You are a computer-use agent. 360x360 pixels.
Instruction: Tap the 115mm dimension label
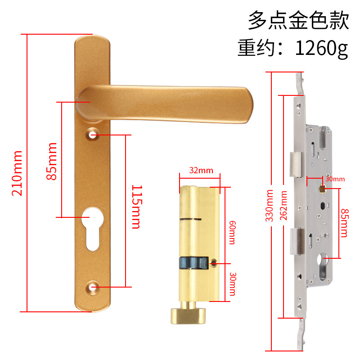[x=136, y=207]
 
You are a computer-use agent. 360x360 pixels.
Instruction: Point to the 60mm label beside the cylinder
[x=232, y=232]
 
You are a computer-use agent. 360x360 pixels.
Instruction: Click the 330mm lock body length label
[x=270, y=209]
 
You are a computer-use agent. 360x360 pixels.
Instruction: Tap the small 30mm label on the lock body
[x=335, y=179]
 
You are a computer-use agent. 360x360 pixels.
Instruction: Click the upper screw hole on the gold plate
[x=93, y=135]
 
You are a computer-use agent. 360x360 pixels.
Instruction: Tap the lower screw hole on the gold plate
[x=93, y=287]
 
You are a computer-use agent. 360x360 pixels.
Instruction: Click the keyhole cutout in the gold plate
[x=93, y=227]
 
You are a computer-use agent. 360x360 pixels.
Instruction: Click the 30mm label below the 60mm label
[x=232, y=283]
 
